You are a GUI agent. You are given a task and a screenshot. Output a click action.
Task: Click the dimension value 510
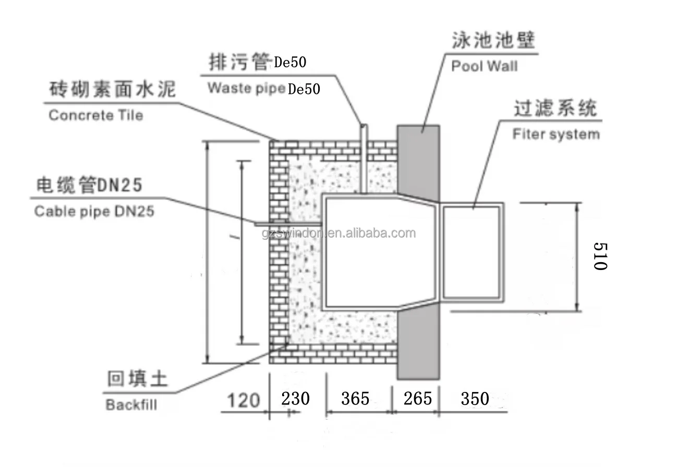pyautogui.click(x=601, y=256)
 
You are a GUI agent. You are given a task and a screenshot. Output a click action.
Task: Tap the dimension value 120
pyautogui.click(x=243, y=400)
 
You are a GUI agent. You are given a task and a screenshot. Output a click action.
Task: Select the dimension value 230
pyautogui.click(x=296, y=399)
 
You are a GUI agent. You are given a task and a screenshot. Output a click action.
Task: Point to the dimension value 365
pyautogui.click(x=355, y=399)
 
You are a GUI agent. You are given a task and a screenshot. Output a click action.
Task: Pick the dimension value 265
pyautogui.click(x=418, y=399)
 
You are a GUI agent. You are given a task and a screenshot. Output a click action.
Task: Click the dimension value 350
pyautogui.click(x=475, y=399)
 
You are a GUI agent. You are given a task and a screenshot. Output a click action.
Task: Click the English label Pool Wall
pyautogui.click(x=484, y=66)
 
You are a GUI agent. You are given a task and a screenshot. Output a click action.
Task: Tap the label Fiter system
pyautogui.click(x=555, y=134)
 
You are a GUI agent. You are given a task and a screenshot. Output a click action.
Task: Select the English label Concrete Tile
pyautogui.click(x=95, y=115)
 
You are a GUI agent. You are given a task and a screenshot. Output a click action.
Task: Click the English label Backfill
pyautogui.click(x=131, y=405)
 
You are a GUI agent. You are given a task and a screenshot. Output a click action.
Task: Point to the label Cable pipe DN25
pyautogui.click(x=94, y=212)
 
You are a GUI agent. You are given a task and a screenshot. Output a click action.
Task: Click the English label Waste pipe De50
pyautogui.click(x=264, y=88)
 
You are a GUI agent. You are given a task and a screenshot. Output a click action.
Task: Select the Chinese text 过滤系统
pyautogui.click(x=554, y=109)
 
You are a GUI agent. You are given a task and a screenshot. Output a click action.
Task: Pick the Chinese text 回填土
pyautogui.click(x=137, y=379)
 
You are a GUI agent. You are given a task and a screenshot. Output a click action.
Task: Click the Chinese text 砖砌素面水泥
pyautogui.click(x=112, y=90)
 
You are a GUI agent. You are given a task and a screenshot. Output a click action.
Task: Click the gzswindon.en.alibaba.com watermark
pyautogui.click(x=339, y=233)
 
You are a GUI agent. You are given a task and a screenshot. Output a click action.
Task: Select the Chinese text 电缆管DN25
pyautogui.click(x=89, y=186)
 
